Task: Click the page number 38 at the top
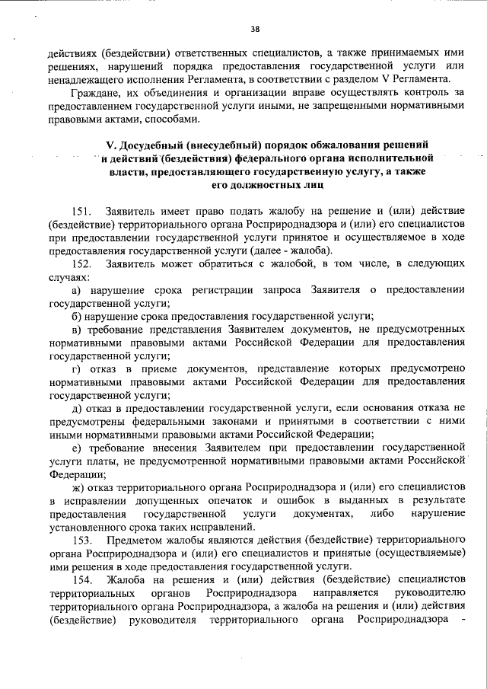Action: pyautogui.click(x=255, y=30)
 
